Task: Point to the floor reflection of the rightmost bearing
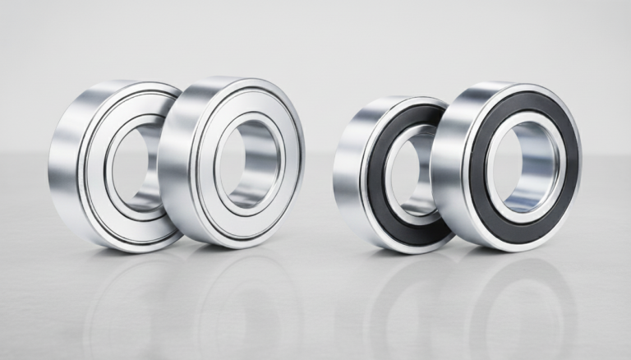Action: [518, 304]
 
